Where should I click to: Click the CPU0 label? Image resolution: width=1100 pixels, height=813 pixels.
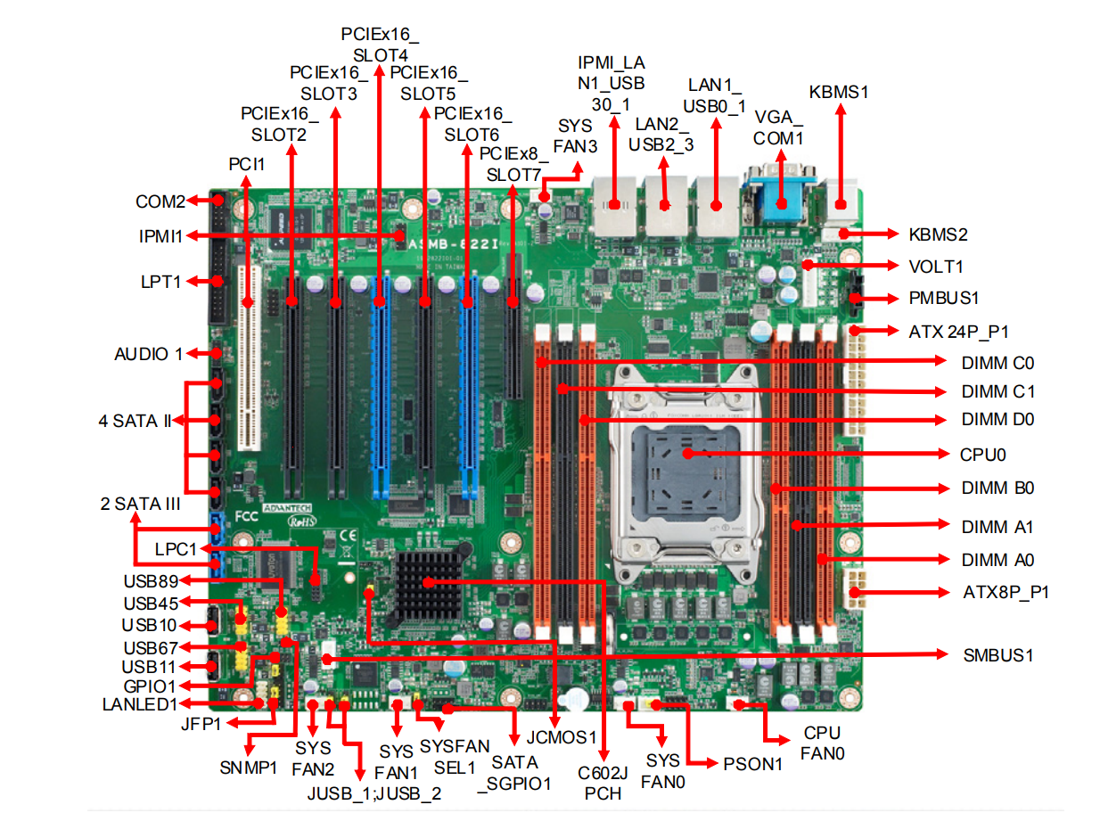982,454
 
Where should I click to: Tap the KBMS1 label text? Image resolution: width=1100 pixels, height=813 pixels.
838,92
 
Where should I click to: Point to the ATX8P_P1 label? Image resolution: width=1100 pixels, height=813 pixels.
1006,591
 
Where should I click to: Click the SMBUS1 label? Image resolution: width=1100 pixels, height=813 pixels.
997,655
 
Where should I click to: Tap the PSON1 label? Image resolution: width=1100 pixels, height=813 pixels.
752,764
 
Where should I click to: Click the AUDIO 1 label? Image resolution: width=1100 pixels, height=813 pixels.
148,354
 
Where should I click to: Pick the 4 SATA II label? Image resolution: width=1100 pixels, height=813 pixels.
135,421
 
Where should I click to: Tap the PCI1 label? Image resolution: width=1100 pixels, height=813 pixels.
246,164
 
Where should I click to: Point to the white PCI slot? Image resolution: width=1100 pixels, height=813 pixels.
247,357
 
